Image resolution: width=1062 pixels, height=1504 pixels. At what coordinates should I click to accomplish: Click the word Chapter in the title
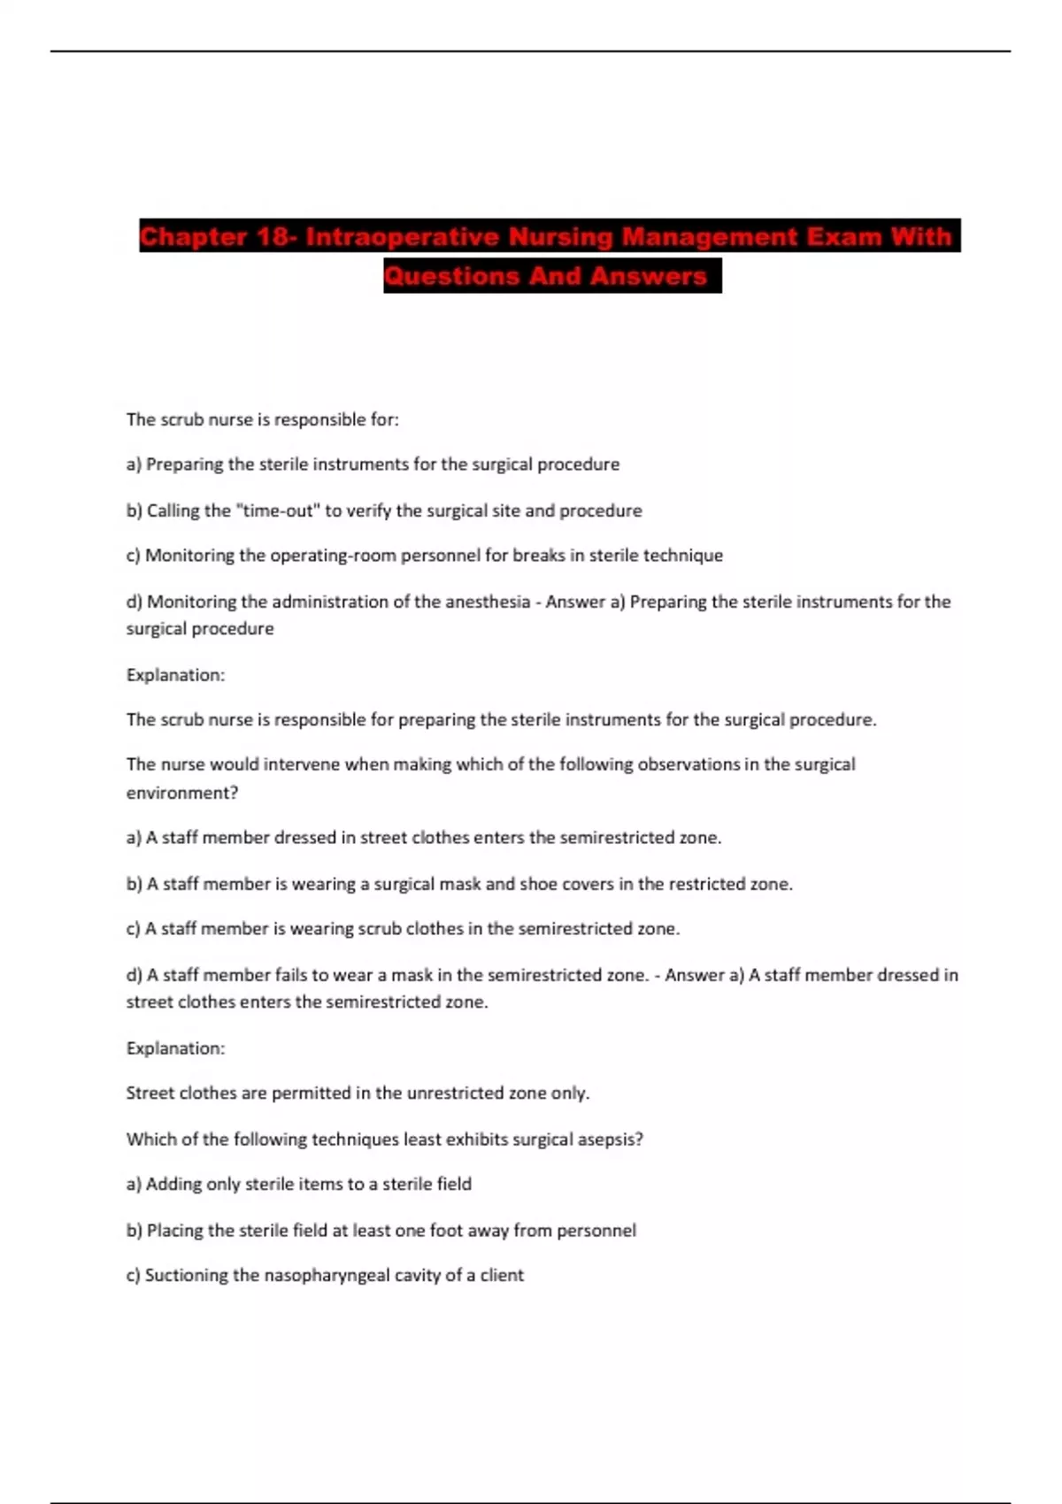click(x=193, y=237)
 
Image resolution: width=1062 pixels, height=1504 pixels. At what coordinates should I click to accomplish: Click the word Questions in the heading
click(x=451, y=276)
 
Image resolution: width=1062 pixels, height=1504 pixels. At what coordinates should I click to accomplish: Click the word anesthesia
click(x=486, y=602)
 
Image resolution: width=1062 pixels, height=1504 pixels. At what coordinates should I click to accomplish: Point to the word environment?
click(x=182, y=793)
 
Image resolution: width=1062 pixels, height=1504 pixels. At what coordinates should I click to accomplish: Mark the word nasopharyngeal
click(x=330, y=1276)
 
